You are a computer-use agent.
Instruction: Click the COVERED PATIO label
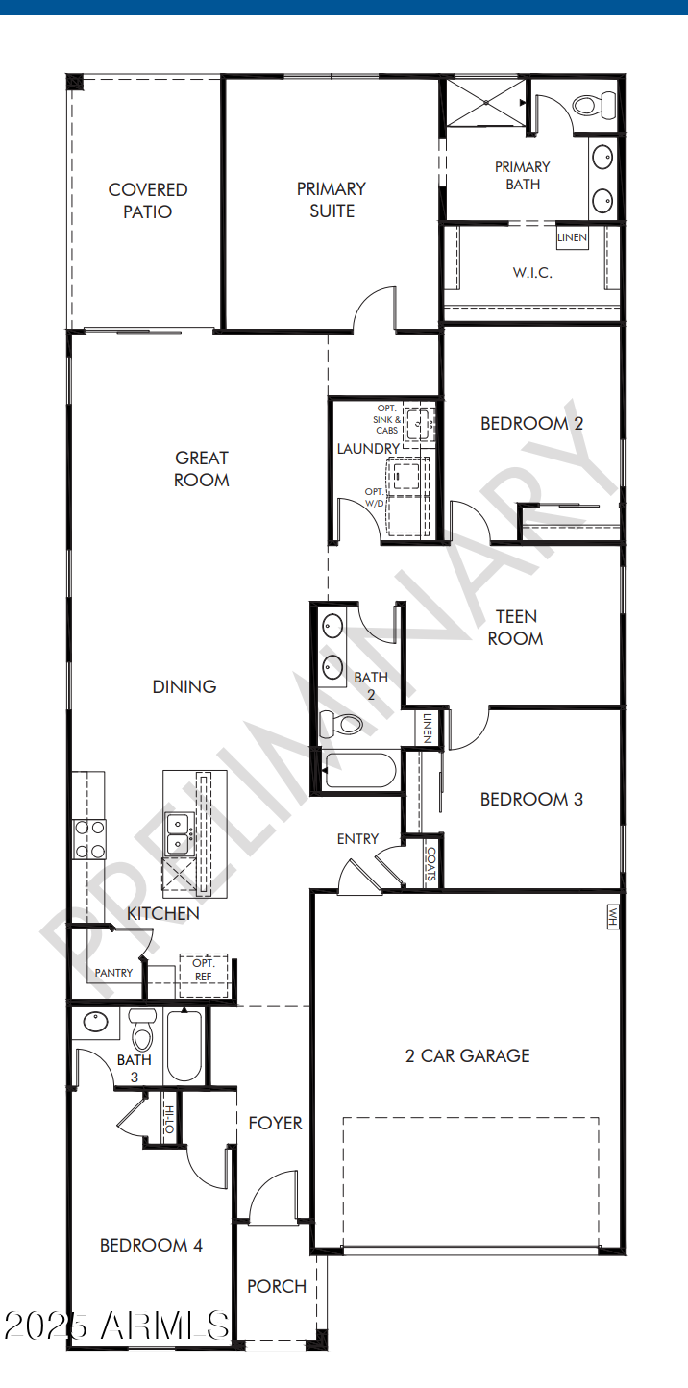pyautogui.click(x=147, y=201)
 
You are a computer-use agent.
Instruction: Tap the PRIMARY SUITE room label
pyautogui.click(x=332, y=200)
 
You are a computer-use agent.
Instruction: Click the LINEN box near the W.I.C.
pyautogui.click(x=572, y=237)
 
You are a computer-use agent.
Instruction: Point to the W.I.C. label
pyautogui.click(x=531, y=272)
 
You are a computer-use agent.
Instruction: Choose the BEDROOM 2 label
pyautogui.click(x=531, y=423)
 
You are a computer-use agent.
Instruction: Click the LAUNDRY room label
pyautogui.click(x=368, y=449)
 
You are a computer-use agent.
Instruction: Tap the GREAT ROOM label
pyautogui.click(x=202, y=469)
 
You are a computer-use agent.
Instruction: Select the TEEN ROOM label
pyautogui.click(x=515, y=627)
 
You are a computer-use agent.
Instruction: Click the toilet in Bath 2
pyautogui.click(x=340, y=722)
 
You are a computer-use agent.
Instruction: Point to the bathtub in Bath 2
pyautogui.click(x=357, y=771)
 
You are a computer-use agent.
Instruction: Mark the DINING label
pyautogui.click(x=184, y=686)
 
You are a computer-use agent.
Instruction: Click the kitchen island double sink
pyautogui.click(x=178, y=833)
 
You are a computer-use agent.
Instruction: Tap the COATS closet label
pyautogui.click(x=431, y=864)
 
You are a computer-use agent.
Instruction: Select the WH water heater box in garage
pyautogui.click(x=611, y=917)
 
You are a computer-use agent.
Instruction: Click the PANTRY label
pyautogui.click(x=113, y=973)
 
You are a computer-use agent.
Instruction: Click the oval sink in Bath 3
pyautogui.click(x=96, y=1021)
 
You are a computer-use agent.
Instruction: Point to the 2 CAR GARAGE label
pyautogui.click(x=467, y=1055)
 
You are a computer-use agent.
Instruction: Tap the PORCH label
pyautogui.click(x=277, y=1286)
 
